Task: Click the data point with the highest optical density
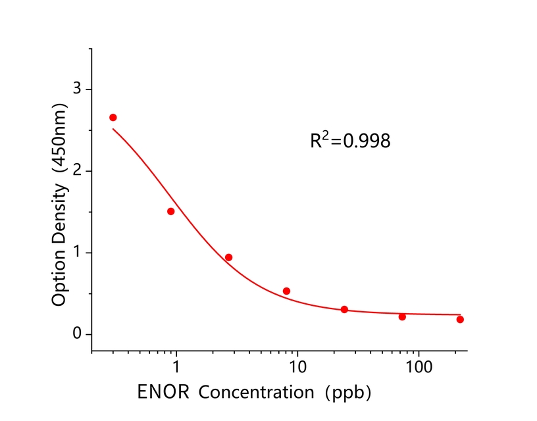pos(113,118)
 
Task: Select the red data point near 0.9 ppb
pos(171,212)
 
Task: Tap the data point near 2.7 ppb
pos(229,257)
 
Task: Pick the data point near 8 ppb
pos(286,291)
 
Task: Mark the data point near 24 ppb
pos(344,309)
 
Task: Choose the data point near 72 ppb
pos(402,316)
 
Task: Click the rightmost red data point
pos(460,320)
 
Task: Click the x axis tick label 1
pos(176,364)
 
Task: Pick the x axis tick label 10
pos(297,364)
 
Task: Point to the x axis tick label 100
pos(418,364)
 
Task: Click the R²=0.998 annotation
pos(350,140)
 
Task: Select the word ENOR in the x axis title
pos(165,393)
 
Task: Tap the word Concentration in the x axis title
pos(256,393)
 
